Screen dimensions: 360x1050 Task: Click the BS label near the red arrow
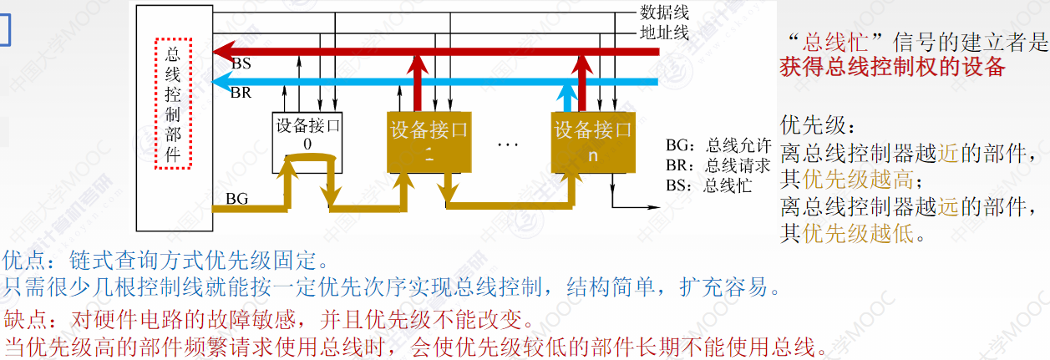click(x=241, y=63)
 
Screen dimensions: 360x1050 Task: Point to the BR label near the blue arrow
click(x=241, y=93)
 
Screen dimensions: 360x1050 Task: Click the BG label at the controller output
click(x=237, y=200)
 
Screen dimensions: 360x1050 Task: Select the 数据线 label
click(x=664, y=13)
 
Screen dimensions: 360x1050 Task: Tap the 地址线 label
click(x=664, y=33)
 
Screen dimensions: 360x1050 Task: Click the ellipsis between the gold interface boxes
click(x=508, y=144)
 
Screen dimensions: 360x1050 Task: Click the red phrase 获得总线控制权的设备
click(x=892, y=68)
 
